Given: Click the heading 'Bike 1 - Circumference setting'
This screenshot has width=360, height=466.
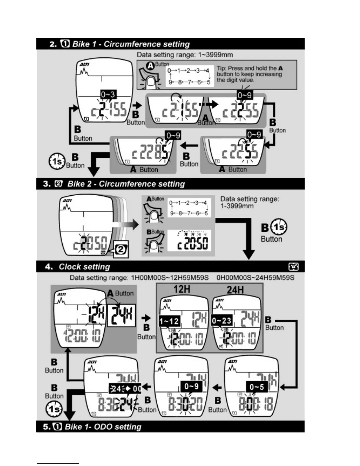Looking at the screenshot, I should (131, 44).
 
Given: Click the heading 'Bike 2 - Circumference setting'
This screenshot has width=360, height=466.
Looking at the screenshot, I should (126, 184).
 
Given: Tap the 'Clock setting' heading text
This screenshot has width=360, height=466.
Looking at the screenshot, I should (84, 267).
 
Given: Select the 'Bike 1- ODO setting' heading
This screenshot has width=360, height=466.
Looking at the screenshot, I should (103, 427).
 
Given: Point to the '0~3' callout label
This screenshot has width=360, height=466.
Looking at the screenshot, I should (108, 95).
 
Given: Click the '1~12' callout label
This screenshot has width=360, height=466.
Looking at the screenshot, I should (169, 321).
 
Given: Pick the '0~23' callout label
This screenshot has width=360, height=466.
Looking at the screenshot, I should (222, 320).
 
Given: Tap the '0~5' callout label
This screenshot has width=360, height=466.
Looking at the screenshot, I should (257, 387).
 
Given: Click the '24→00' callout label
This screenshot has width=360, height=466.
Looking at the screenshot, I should (125, 389).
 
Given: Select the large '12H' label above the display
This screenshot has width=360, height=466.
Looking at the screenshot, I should (182, 289).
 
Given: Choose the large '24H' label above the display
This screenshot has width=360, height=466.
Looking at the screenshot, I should (235, 290).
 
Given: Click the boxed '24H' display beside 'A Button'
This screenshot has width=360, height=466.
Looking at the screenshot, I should (121, 315).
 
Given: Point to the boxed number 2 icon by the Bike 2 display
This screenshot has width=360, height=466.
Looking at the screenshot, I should (121, 249).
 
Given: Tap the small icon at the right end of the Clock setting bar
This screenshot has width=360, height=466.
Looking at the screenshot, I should (294, 267).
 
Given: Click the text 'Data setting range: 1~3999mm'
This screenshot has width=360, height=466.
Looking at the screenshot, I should (185, 55).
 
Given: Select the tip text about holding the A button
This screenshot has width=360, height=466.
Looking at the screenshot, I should (249, 74).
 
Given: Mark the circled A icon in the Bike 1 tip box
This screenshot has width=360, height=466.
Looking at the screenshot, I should (151, 66).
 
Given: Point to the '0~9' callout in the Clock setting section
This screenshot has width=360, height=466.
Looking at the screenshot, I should (191, 386).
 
